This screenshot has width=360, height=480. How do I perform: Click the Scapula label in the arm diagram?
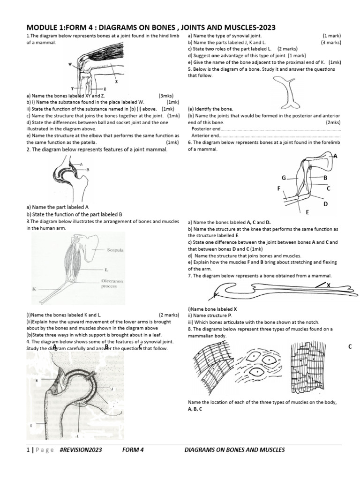(x=115, y=250)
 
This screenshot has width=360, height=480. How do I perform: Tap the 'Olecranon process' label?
(x=112, y=283)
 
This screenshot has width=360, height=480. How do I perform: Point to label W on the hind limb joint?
(x=70, y=65)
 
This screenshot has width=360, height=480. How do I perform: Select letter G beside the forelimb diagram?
(x=284, y=178)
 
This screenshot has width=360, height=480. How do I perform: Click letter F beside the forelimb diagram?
(x=278, y=188)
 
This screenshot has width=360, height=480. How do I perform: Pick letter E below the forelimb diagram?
(x=308, y=212)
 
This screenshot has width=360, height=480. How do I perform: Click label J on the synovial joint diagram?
(x=112, y=389)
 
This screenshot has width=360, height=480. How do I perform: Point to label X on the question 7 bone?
(x=328, y=285)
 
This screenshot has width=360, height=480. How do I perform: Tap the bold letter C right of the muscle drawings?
(x=350, y=346)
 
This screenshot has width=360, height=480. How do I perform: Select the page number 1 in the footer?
(x=29, y=450)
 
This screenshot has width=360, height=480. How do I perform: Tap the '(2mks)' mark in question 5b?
(x=333, y=122)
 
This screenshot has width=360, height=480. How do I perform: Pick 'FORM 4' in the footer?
(x=133, y=450)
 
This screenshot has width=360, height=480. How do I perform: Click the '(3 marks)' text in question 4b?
(x=331, y=42)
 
